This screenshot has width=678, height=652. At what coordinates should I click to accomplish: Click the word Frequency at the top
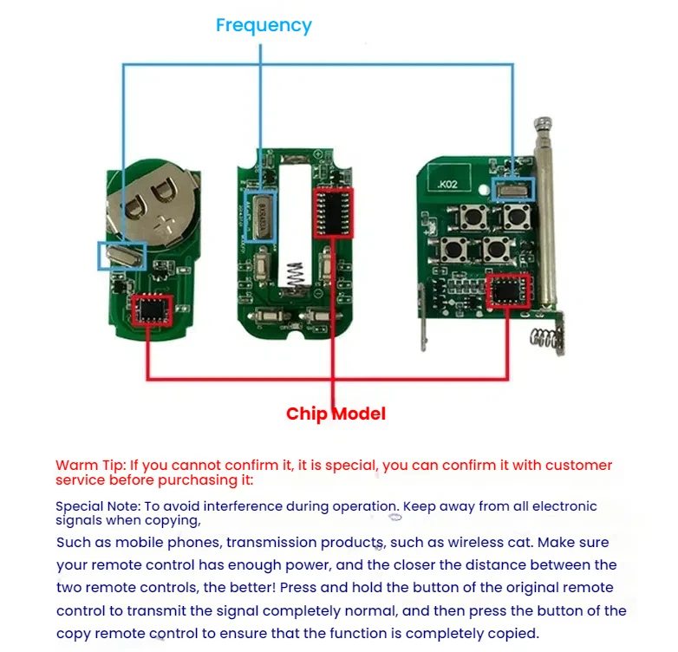[264, 25]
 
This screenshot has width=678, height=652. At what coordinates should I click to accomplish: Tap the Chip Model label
[336, 414]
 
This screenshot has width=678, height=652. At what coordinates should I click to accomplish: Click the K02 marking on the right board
[450, 184]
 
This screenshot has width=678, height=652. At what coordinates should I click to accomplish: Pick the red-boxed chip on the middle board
[333, 212]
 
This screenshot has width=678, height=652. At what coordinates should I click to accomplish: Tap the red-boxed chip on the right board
[508, 291]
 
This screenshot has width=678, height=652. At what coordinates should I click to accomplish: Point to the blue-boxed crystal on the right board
[513, 188]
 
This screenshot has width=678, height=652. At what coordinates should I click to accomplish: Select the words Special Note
[95, 506]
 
